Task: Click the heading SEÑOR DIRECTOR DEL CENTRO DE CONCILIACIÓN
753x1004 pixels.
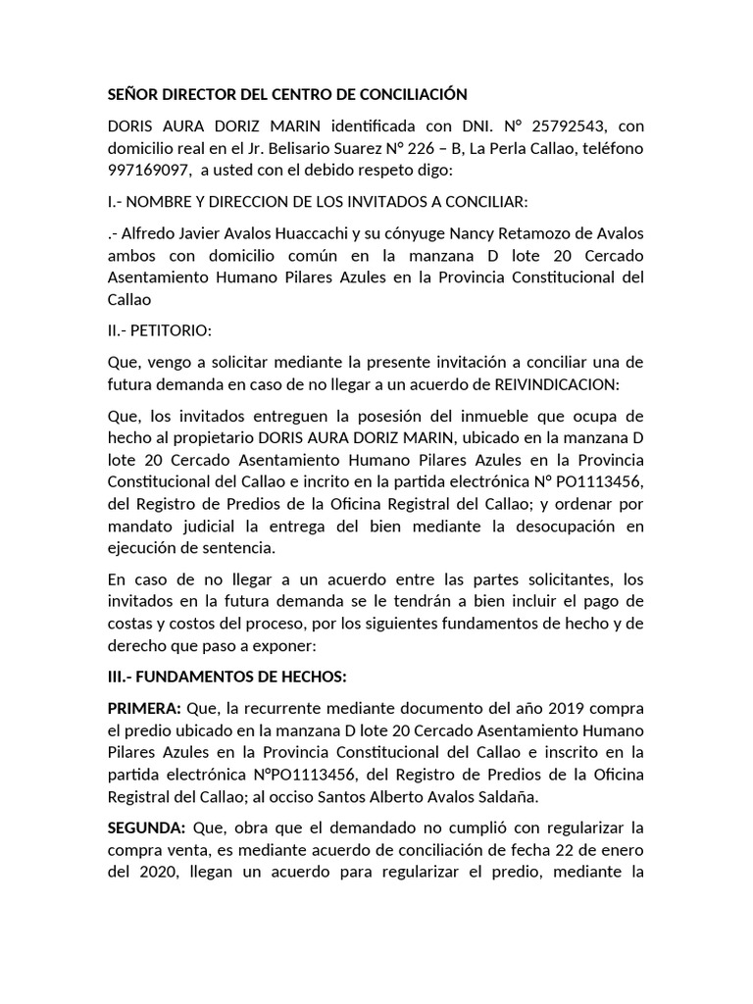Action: pyautogui.click(x=286, y=95)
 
